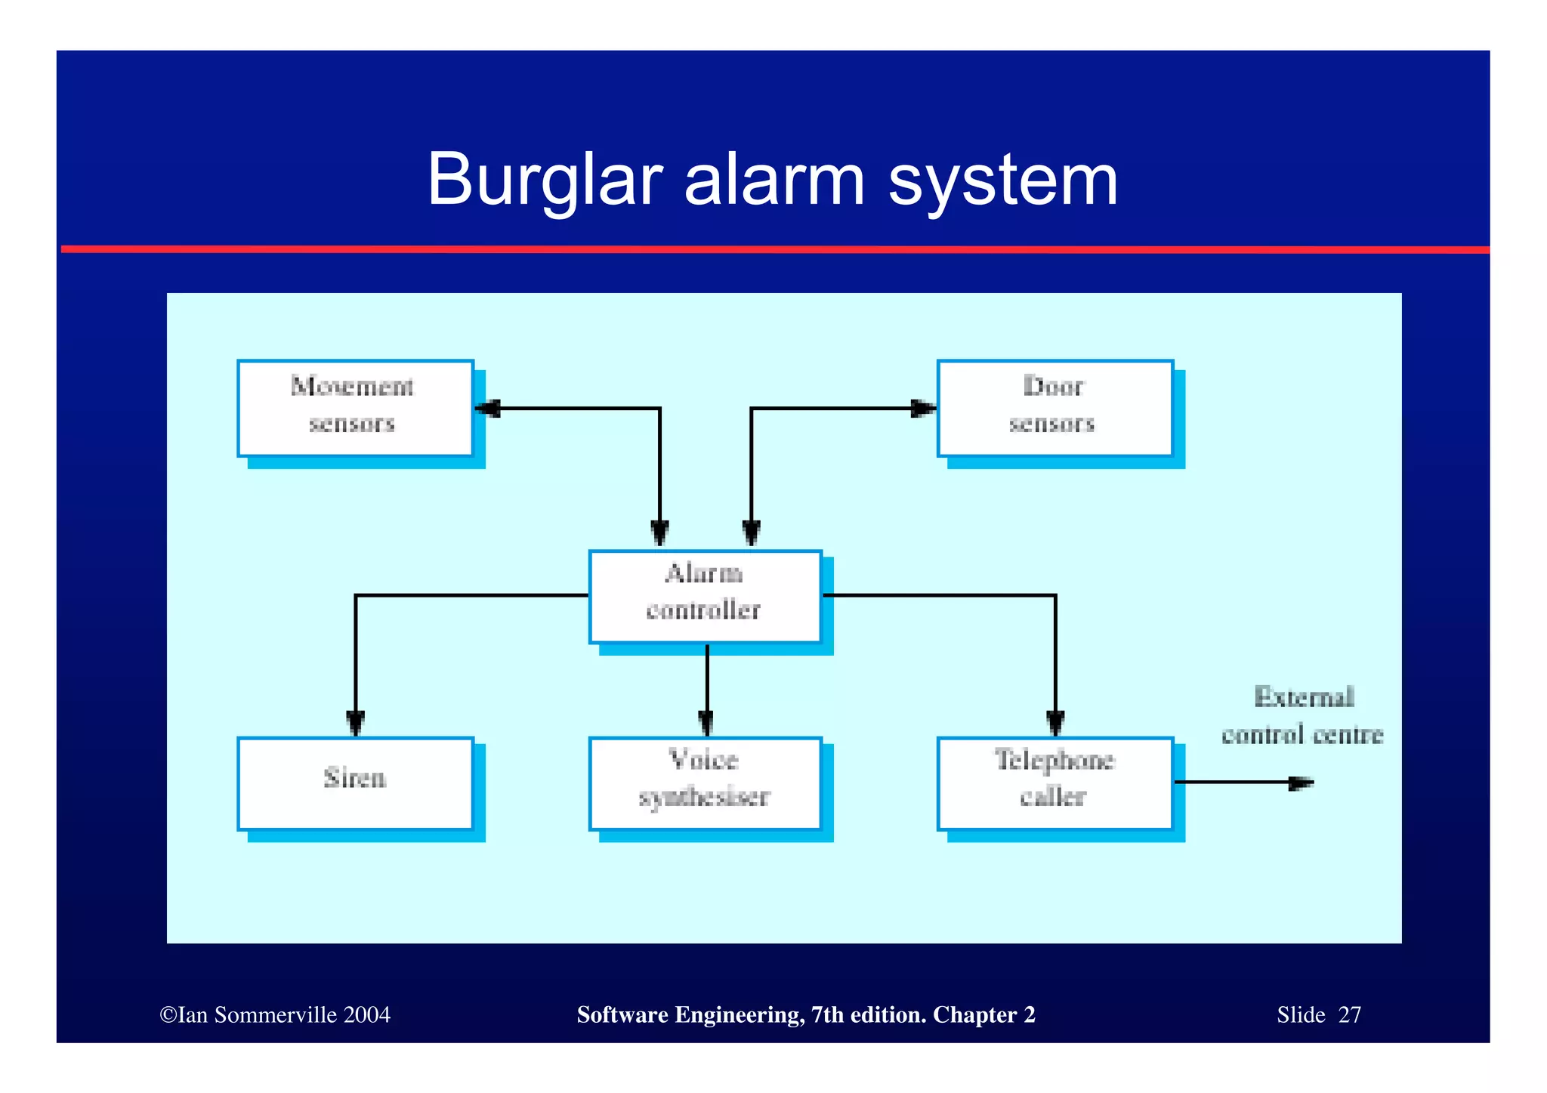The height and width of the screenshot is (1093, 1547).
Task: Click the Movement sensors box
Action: point(355,409)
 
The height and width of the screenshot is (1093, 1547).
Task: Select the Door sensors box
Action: point(1054,409)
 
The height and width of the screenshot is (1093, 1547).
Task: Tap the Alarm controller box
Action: point(705,596)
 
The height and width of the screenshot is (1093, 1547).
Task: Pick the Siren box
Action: point(355,783)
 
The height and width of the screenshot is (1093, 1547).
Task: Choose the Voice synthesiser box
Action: point(705,783)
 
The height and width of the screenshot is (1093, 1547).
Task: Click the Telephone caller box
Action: point(1054,783)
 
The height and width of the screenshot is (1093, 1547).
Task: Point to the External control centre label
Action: point(1302,716)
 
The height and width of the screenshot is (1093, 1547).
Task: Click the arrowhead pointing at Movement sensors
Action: point(487,409)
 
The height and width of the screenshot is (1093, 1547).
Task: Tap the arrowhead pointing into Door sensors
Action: point(923,409)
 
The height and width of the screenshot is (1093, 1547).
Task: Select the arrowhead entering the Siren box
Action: point(356,723)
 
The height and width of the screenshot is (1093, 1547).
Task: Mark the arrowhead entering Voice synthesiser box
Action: point(706,723)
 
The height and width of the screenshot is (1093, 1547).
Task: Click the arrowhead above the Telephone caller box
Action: point(1055,723)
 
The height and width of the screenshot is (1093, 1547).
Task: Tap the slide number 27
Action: point(1349,1014)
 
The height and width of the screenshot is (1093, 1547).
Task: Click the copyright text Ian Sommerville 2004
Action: point(275,1014)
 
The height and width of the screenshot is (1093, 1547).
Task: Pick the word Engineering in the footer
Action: point(739,1014)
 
